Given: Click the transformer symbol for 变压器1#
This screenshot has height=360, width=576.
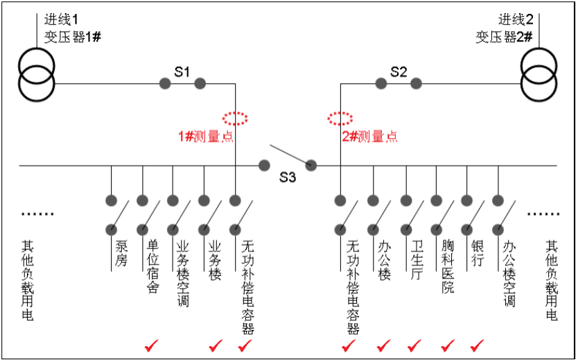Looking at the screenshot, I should [x=36, y=76].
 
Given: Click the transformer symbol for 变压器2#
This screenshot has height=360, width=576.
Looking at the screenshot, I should [x=539, y=76].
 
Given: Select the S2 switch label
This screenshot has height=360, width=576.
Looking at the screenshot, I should [x=399, y=71].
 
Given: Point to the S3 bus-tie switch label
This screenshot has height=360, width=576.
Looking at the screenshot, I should [x=288, y=178].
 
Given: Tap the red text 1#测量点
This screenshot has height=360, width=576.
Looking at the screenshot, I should [x=206, y=137].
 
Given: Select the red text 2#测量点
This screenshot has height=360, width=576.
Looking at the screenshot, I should [x=370, y=137].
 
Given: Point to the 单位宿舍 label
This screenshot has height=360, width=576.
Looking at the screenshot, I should [x=152, y=266].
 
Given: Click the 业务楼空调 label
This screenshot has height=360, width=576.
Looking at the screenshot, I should [x=183, y=273].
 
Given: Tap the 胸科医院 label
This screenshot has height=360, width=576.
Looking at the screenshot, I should [x=448, y=266].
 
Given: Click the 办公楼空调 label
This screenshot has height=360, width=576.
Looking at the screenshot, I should [x=509, y=273].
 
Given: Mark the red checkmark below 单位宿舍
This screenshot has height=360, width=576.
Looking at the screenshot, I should [x=152, y=345].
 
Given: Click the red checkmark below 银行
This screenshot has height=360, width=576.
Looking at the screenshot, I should [x=478, y=345].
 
